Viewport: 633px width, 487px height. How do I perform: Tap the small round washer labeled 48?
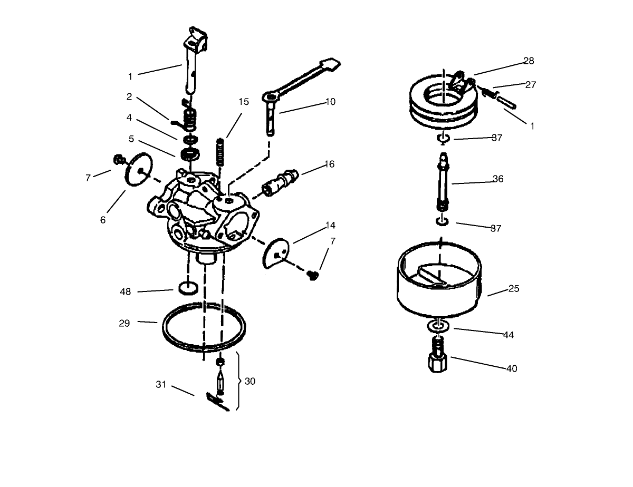pyautogui.click(x=188, y=288)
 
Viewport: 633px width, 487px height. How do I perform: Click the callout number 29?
pyautogui.click(x=124, y=324)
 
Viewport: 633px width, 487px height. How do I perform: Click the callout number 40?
pyautogui.click(x=511, y=369)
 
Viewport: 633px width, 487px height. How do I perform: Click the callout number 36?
pyautogui.click(x=497, y=179)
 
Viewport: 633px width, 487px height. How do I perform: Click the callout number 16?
pyautogui.click(x=329, y=164)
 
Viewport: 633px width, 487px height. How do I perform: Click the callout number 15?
pyautogui.click(x=243, y=102)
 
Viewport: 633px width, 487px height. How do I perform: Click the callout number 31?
pyautogui.click(x=161, y=385)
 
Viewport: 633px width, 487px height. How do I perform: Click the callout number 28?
pyautogui.click(x=529, y=61)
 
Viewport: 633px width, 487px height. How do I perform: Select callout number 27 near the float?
pyautogui.click(x=531, y=85)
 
